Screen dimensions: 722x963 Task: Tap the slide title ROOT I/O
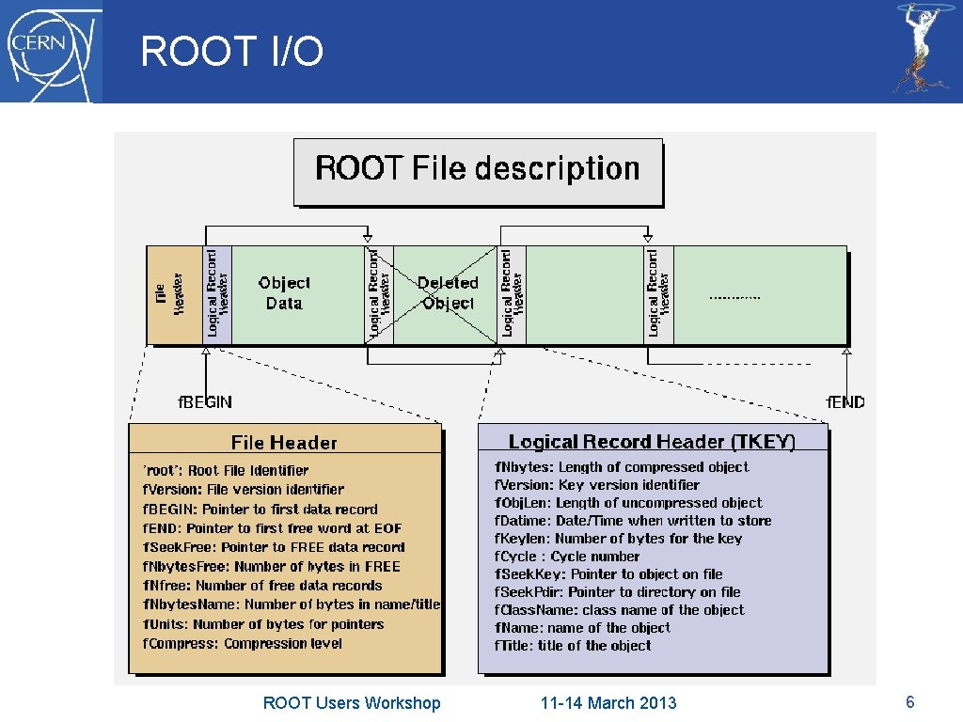click(x=231, y=52)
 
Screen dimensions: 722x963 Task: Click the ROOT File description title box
click(x=478, y=170)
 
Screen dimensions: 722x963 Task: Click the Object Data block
click(x=284, y=293)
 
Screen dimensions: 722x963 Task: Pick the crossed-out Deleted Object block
click(x=447, y=293)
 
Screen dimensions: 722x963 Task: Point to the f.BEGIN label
click(x=206, y=402)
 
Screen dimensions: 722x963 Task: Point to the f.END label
click(x=845, y=402)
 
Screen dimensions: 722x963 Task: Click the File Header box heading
click(x=284, y=443)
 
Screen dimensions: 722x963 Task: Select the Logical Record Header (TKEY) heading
click(x=652, y=442)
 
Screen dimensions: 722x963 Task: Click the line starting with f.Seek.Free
click(x=274, y=547)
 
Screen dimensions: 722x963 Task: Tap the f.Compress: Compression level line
click(x=243, y=644)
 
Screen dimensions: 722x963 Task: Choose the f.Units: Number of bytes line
click(x=263, y=624)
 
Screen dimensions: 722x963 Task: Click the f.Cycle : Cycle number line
click(x=567, y=557)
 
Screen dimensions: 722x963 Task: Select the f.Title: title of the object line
click(x=573, y=646)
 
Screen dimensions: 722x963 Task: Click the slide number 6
click(x=909, y=701)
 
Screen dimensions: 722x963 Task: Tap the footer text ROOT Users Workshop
click(x=352, y=703)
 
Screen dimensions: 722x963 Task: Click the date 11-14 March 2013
click(x=608, y=703)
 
